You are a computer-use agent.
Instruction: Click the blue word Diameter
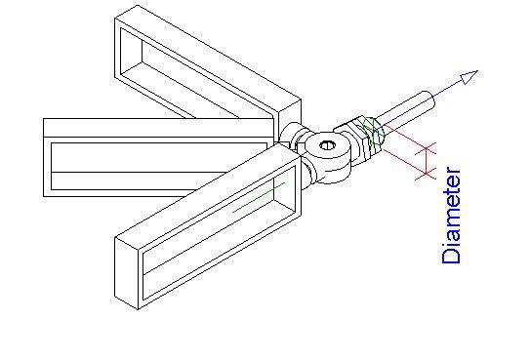click(x=451, y=216)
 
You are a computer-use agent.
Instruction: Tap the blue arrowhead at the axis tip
click(x=469, y=76)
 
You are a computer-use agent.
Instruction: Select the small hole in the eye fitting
click(x=328, y=148)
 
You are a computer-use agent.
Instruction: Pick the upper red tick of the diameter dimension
click(x=425, y=149)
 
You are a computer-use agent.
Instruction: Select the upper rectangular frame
click(x=205, y=68)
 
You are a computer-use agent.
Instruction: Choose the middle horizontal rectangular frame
click(x=146, y=156)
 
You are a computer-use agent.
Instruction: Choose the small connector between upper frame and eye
click(x=291, y=135)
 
